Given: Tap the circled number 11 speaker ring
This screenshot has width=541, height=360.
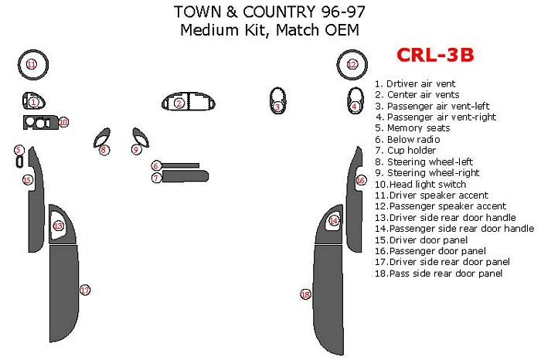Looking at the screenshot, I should coord(32,64).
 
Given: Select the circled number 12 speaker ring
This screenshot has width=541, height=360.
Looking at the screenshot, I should coord(352,64).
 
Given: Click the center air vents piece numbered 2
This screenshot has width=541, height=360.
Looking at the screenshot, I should coord(179,103).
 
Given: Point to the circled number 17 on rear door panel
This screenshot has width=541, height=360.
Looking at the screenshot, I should coord(85,290).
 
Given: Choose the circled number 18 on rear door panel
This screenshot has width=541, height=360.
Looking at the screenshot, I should coord(306,294).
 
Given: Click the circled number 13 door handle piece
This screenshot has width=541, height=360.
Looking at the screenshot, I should coord(59,226).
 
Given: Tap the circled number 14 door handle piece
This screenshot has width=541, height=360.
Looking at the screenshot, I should coord(334,221).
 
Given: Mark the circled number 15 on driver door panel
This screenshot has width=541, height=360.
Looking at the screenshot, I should coord(27,180).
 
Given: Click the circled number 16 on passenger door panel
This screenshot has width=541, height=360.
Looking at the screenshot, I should coord(361,180).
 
